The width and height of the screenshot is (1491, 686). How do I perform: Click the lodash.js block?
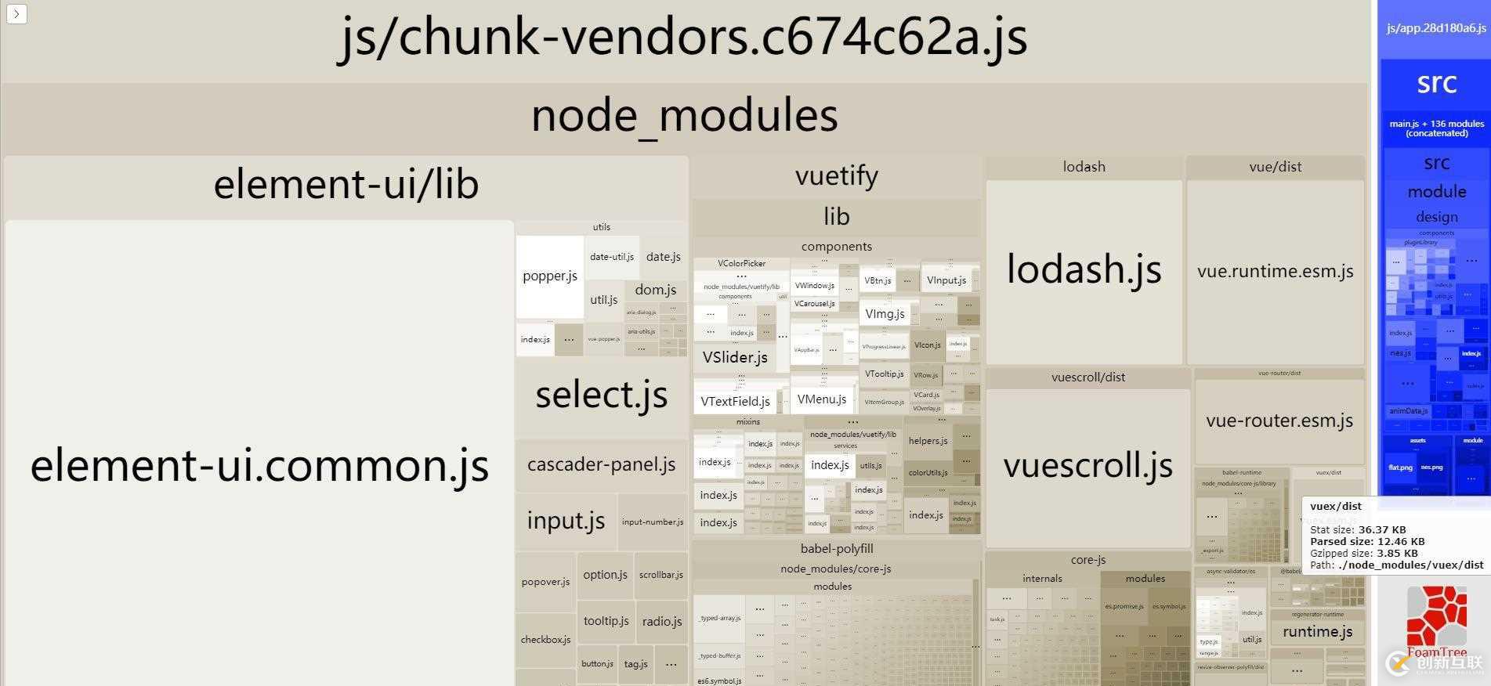click(x=1084, y=270)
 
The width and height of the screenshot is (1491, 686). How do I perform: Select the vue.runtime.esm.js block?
click(x=1275, y=272)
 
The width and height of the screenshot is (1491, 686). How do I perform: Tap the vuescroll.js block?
click(x=1087, y=466)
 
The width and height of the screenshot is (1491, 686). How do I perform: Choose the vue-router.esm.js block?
click(x=1279, y=421)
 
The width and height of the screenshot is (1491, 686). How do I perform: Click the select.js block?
click(x=601, y=395)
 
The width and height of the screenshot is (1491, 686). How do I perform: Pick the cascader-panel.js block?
click(x=601, y=464)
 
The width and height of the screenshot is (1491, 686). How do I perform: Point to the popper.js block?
click(x=549, y=276)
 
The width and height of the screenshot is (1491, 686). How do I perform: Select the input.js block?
click(x=566, y=521)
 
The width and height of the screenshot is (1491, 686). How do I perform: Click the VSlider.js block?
click(x=735, y=358)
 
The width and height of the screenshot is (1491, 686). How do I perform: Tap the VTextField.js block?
click(x=735, y=402)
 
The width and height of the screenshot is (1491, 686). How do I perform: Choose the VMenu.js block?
click(x=821, y=399)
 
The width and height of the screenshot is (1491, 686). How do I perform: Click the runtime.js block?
click(x=1317, y=632)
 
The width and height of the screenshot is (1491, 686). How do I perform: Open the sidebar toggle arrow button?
click(x=16, y=13)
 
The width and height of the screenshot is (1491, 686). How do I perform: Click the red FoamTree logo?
click(x=1436, y=619)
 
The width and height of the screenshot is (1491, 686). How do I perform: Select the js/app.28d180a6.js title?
click(x=1435, y=28)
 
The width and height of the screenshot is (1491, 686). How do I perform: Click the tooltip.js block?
click(x=606, y=621)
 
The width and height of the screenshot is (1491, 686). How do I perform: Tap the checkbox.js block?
click(x=545, y=640)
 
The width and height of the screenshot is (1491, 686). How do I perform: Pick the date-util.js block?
click(x=611, y=257)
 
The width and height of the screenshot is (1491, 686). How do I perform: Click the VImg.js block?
click(x=885, y=314)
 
